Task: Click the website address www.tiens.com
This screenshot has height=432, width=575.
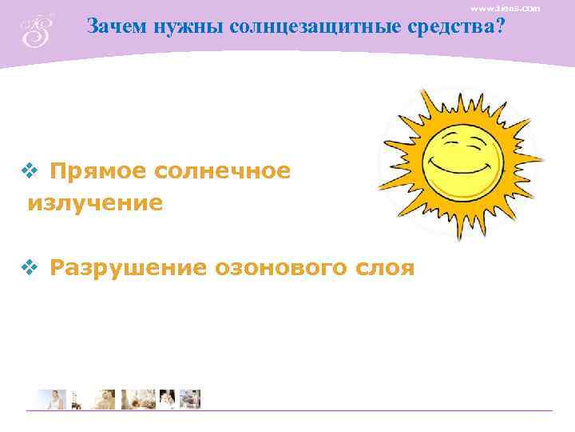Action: (505, 7)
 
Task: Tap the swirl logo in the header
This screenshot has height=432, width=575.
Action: (37, 30)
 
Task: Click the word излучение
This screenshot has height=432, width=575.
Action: (95, 203)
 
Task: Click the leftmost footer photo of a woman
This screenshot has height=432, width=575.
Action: (53, 398)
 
